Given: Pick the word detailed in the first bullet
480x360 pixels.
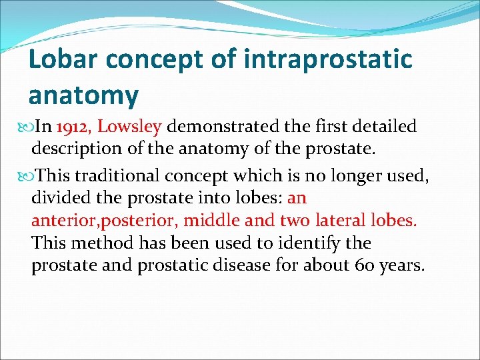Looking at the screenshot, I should [385, 127].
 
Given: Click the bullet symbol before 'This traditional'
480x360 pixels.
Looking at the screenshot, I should [24, 176].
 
